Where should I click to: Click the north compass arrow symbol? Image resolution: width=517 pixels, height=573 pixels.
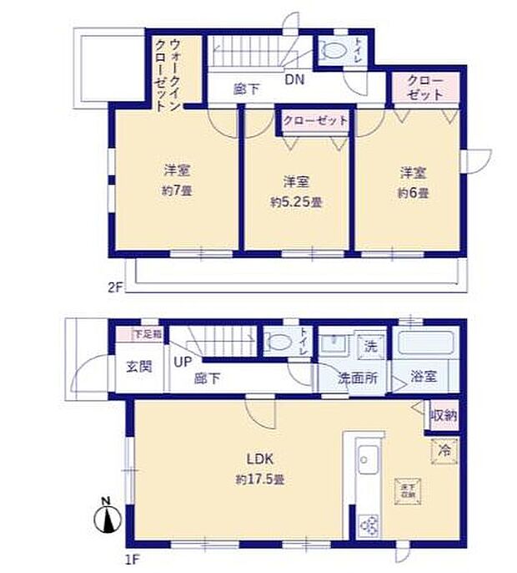pos(108,519)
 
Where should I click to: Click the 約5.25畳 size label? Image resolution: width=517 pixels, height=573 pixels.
pos(295,202)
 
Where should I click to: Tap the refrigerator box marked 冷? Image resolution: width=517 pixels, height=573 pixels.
pos(444,449)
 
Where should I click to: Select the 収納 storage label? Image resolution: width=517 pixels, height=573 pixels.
pos(443,415)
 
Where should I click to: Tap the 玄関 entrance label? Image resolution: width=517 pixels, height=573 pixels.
pos(139,367)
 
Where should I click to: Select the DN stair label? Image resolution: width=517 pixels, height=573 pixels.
pos(294,80)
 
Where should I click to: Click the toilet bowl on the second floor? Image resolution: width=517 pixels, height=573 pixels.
pos(333,50)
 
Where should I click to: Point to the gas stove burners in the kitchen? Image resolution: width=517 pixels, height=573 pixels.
pos(369,525)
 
